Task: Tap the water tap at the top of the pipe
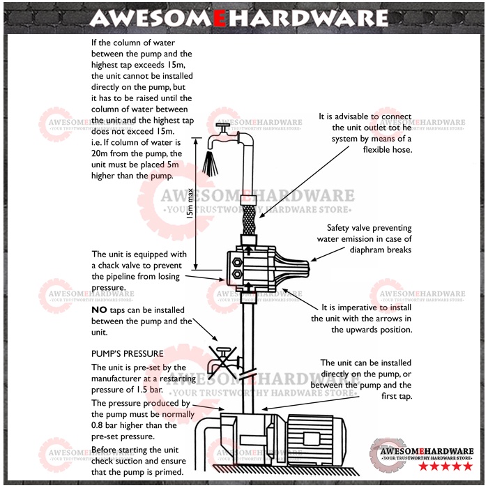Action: (x=222, y=130)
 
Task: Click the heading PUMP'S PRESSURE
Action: (x=127, y=354)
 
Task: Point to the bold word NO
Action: (x=99, y=310)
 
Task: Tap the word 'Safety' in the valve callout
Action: (x=341, y=228)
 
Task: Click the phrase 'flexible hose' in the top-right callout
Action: (x=388, y=150)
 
